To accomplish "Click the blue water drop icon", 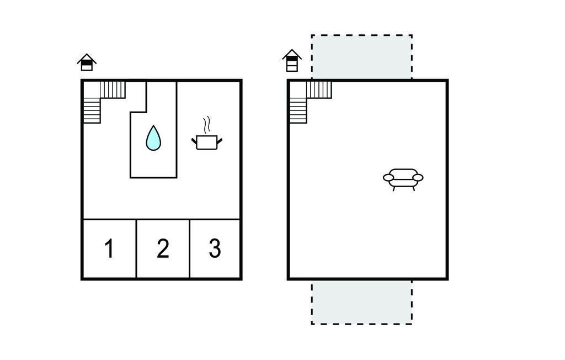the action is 153,138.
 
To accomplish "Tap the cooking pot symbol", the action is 206,142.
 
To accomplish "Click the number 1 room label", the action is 109,248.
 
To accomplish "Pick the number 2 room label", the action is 163,248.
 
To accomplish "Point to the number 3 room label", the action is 215,248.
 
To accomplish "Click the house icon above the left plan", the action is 87,62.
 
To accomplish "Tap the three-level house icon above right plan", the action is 292,61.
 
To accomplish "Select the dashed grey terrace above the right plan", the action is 362,57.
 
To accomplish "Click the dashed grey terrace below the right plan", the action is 362,302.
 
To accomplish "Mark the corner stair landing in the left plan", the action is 92,90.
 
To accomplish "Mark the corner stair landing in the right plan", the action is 298,90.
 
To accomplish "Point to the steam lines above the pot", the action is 206,125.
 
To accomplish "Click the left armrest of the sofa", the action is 388,177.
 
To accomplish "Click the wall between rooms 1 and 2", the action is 136,249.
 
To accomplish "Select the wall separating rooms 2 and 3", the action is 189,249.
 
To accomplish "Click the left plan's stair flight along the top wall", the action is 113,90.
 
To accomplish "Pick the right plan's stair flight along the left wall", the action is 298,111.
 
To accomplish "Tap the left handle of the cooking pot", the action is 194,140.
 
